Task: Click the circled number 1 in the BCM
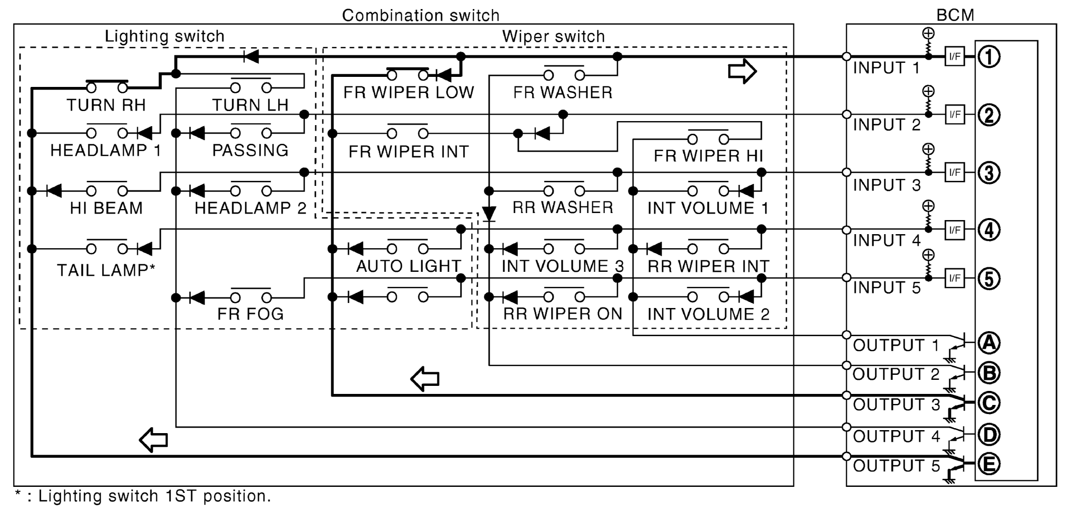[x=989, y=57]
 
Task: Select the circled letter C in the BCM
[x=989, y=403]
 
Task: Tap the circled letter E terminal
[x=989, y=464]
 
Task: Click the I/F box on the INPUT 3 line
[x=954, y=172]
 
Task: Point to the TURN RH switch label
[x=106, y=105]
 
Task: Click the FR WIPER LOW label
[x=409, y=92]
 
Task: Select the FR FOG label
[x=250, y=314]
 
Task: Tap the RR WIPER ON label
[x=563, y=314]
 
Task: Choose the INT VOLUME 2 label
[x=708, y=315]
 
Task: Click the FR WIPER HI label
[x=708, y=156]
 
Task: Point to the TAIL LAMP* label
[x=106, y=270]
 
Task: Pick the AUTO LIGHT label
[x=408, y=266]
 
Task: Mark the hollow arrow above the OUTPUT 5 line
[x=153, y=440]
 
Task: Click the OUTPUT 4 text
[x=896, y=436]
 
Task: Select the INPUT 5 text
[x=886, y=287]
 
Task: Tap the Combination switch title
[x=420, y=15]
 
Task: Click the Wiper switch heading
[x=553, y=36]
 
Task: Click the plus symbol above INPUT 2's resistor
[x=928, y=91]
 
